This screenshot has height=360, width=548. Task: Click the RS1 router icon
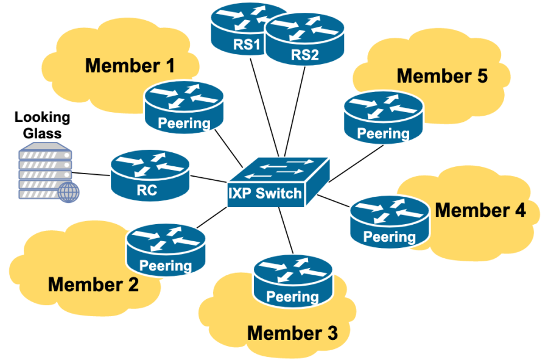coord(241,27)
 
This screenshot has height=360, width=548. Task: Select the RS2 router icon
coord(304,40)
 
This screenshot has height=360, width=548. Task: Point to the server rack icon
coord(43,171)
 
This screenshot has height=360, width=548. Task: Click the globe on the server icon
coord(69,192)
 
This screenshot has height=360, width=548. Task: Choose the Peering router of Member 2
coord(166,250)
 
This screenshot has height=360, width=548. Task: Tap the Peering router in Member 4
coord(389,222)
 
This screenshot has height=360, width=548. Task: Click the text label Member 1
coord(130,65)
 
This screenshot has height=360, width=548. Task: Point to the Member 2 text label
coord(93,284)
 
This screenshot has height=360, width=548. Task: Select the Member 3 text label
coord(292,333)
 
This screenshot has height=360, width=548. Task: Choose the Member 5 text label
coord(442,76)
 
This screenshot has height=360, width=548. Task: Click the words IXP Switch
coord(265,194)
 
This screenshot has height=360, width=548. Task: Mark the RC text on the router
coord(147,190)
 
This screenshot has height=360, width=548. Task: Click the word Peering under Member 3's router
coord(293,297)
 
